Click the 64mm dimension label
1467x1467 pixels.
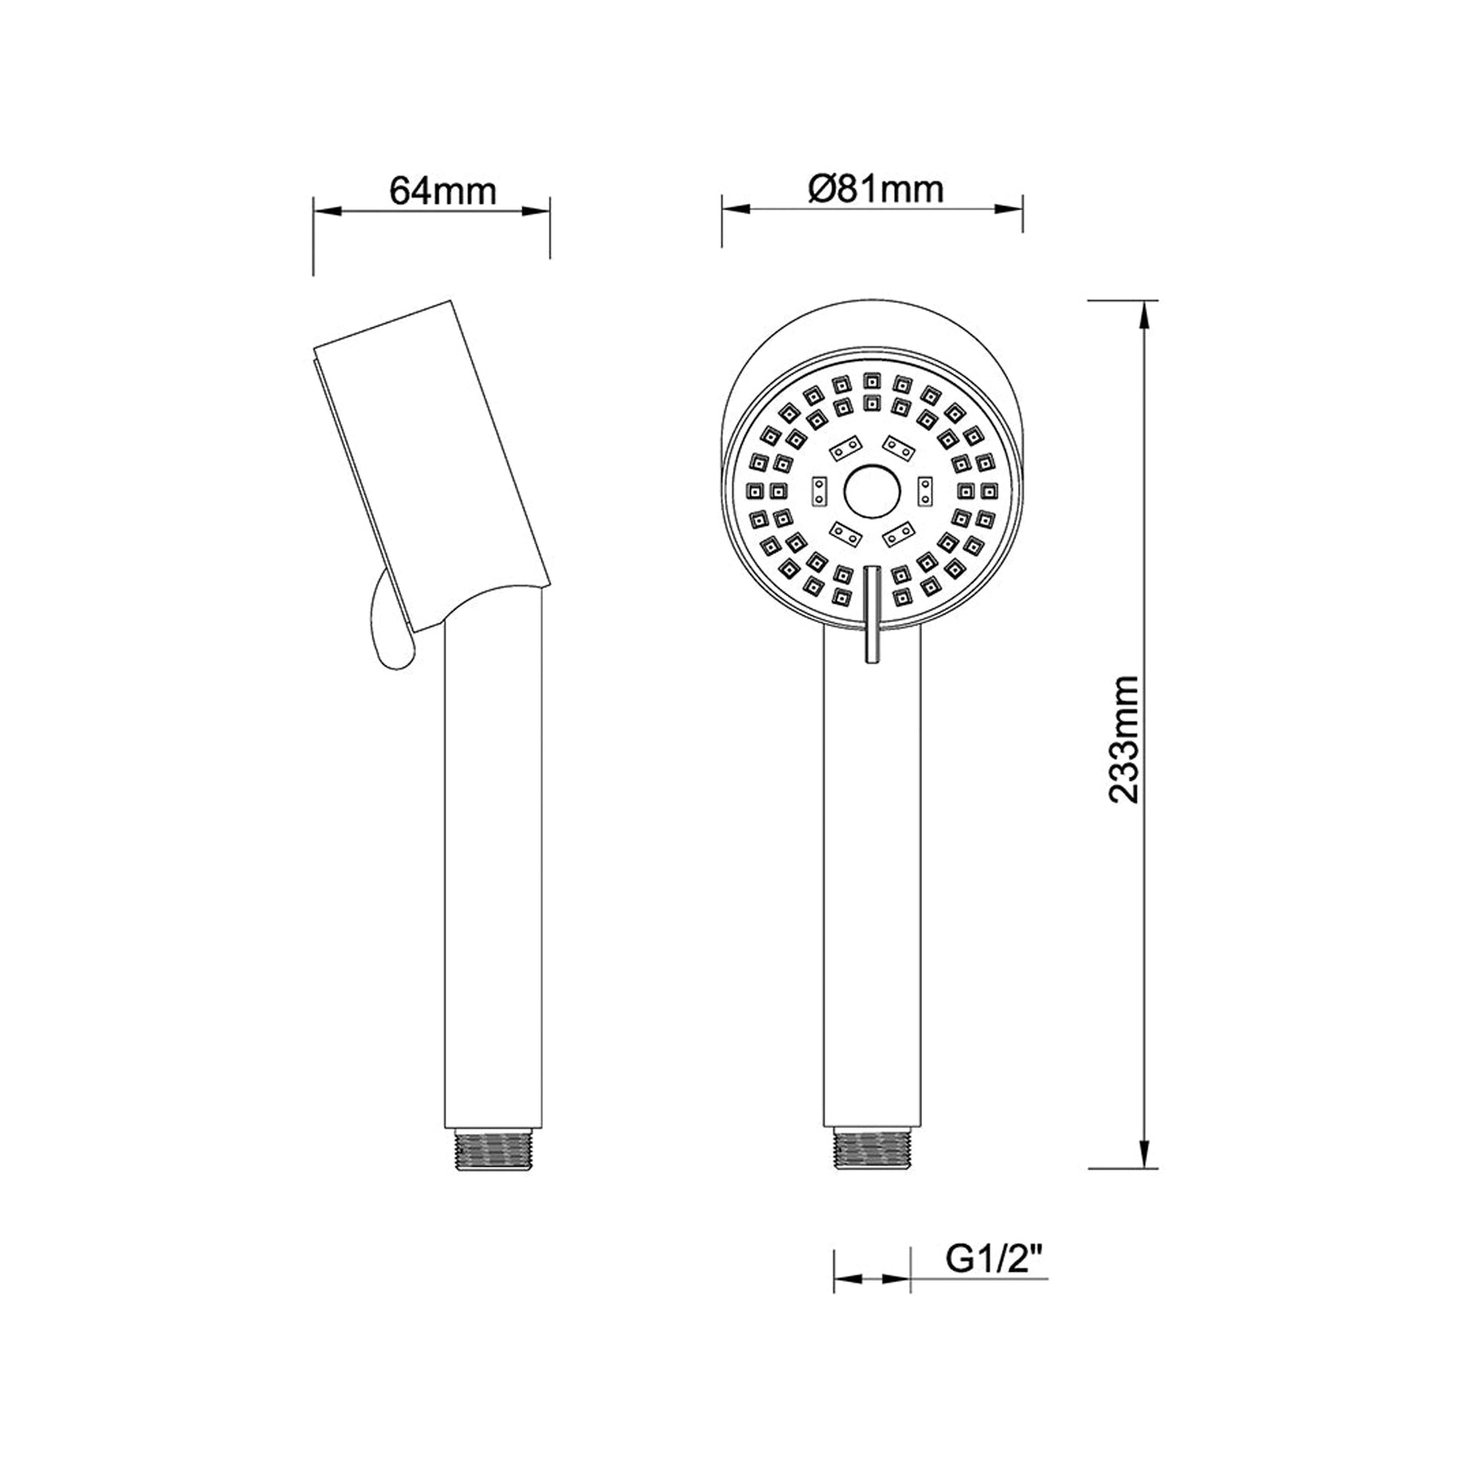click(443, 191)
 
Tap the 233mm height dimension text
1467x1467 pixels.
click(1124, 739)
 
